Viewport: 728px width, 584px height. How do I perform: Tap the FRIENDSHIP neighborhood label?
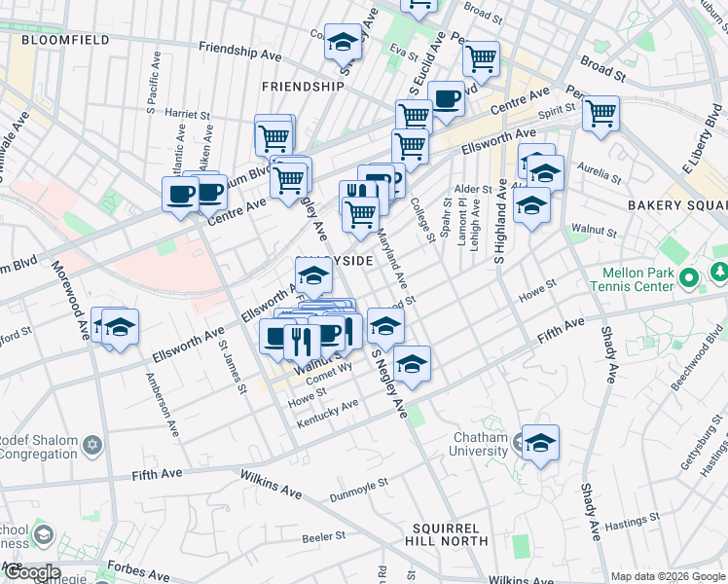click(303, 86)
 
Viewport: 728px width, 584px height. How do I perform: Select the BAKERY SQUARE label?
click(676, 205)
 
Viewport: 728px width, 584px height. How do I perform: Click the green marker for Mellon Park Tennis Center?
click(690, 279)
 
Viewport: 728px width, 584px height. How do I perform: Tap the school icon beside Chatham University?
click(540, 444)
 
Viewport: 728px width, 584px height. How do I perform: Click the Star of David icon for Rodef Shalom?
click(94, 446)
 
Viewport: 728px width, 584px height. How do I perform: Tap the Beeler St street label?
click(323, 536)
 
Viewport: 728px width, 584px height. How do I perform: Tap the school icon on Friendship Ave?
click(342, 43)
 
